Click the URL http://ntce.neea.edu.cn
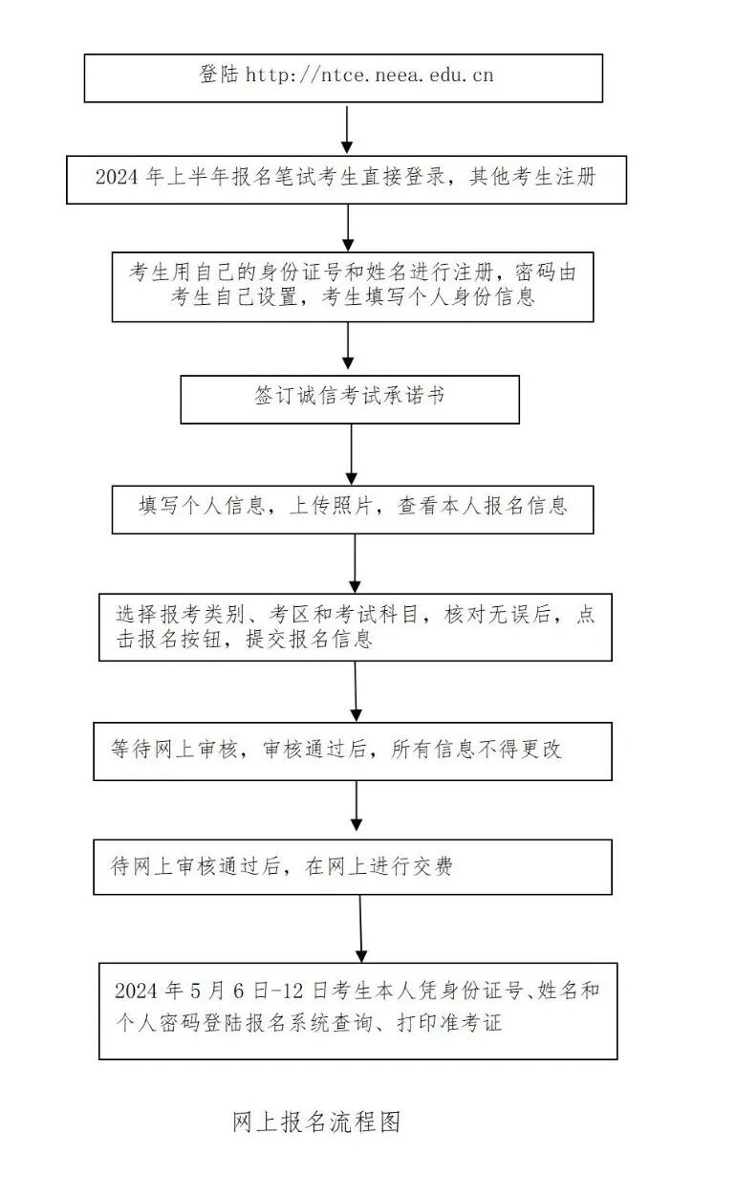coord(370,75)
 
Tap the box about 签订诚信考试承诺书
coord(350,399)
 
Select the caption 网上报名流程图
coord(315,1122)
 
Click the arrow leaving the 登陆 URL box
coord(348,128)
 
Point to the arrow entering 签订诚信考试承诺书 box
coord(348,348)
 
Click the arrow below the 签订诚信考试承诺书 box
coord(351,455)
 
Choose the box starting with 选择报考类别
coord(355,626)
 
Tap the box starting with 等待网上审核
coord(353,751)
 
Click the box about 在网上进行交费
coord(353,866)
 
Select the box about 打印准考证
coord(357,1010)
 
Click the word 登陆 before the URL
coord(219,75)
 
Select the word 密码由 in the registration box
coord(548,272)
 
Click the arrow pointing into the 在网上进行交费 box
coord(357,809)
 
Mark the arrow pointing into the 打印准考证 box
coord(360,927)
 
